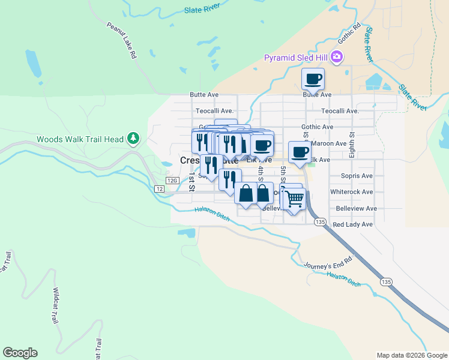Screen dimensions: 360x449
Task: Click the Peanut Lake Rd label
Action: point(121,41)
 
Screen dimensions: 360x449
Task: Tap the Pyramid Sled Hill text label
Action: point(297,58)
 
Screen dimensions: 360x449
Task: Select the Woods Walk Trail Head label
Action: point(80,139)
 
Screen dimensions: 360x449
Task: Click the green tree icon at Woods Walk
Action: point(133,139)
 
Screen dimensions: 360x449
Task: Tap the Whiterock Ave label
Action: point(351,192)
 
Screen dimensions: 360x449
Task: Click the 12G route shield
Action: point(173,181)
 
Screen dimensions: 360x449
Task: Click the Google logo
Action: point(20,353)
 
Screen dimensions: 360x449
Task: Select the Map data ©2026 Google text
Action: point(411,355)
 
